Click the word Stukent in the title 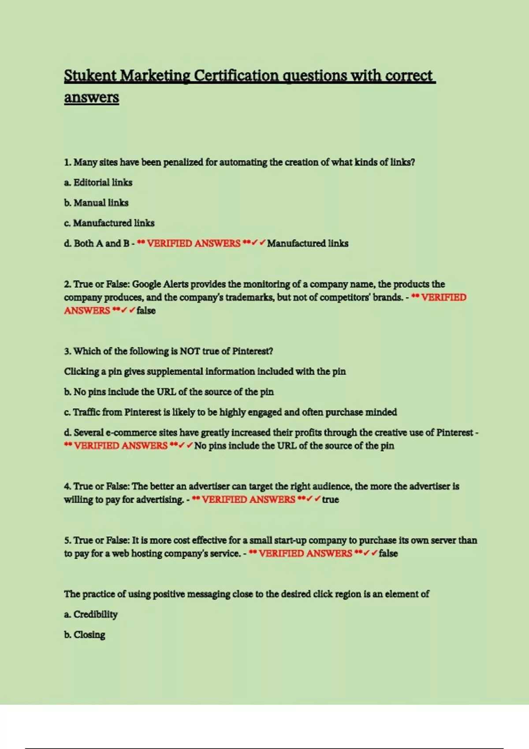(x=90, y=76)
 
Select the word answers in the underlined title (x=91, y=97)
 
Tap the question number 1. (x=67, y=163)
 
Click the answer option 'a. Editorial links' (x=98, y=182)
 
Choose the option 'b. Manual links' (x=96, y=203)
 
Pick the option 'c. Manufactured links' (x=109, y=223)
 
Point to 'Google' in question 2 (x=146, y=284)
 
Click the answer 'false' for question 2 (x=146, y=311)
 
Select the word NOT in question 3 (x=190, y=351)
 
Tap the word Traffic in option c (x=86, y=412)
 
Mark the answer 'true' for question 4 (x=330, y=500)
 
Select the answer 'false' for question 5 (x=388, y=553)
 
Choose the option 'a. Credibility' (x=91, y=614)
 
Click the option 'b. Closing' (x=85, y=635)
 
